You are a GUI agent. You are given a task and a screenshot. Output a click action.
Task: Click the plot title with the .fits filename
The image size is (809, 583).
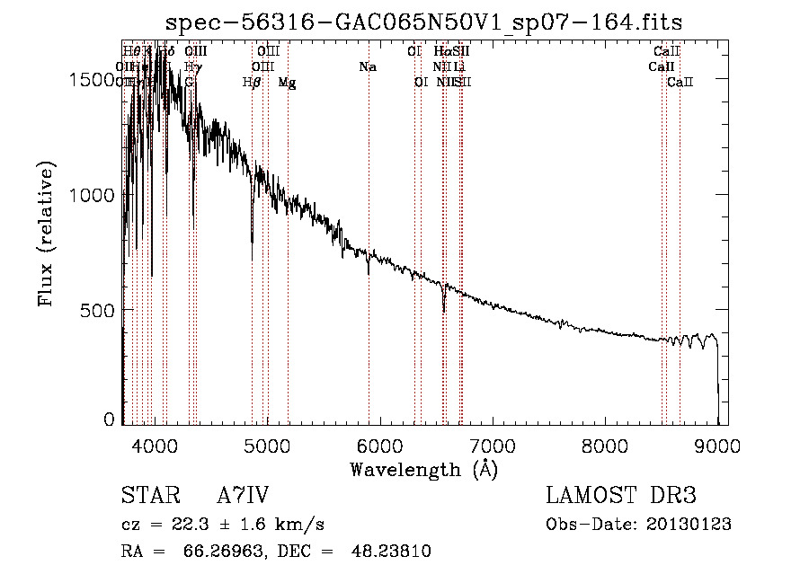click(425, 23)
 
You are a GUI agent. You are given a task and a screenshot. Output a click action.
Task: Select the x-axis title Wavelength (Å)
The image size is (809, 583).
click(424, 469)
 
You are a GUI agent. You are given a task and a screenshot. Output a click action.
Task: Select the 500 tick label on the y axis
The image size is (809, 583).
click(101, 311)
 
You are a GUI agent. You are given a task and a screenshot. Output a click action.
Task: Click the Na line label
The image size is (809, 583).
click(367, 67)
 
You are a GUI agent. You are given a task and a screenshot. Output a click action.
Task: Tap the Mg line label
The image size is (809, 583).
click(287, 83)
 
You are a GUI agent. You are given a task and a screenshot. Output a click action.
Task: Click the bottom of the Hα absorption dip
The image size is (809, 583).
click(444, 310)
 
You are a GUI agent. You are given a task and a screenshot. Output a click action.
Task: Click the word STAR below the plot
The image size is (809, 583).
click(148, 496)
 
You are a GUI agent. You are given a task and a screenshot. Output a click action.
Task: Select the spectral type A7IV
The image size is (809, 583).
click(243, 496)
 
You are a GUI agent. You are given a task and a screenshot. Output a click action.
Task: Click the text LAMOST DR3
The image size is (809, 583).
click(621, 496)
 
